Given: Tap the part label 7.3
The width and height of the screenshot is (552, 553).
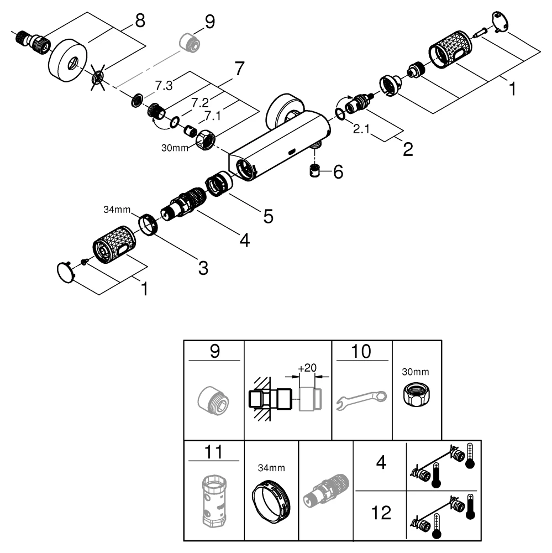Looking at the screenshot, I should pos(164,85).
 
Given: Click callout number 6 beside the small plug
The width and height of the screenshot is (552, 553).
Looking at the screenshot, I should pos(337,172).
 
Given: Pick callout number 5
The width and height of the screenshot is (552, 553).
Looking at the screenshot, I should pos(268,216).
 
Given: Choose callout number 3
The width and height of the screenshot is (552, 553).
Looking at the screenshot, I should pos(203,268).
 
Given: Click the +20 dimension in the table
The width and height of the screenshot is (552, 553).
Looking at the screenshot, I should pos(308,368).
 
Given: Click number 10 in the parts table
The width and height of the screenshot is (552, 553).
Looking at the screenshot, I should pos(361,352).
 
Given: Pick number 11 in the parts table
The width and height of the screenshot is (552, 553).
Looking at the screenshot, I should pos(214,452).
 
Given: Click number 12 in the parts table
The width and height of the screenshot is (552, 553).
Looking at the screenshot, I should pos(381,514).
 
